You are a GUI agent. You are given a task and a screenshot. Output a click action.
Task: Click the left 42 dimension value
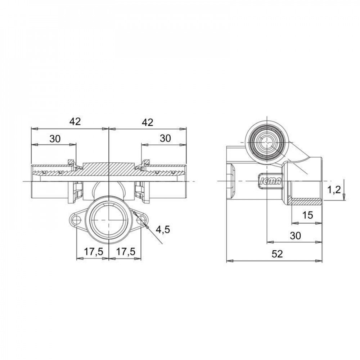(x=75, y=122)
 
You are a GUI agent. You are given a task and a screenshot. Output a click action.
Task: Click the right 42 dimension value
(x=147, y=122)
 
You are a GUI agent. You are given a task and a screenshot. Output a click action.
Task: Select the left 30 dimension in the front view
(x=55, y=139)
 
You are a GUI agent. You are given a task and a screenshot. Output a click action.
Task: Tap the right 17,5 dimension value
(x=125, y=252)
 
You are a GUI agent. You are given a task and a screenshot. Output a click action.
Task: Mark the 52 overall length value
(x=276, y=254)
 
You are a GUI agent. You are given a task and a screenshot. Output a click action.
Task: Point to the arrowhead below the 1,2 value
(x=345, y=197)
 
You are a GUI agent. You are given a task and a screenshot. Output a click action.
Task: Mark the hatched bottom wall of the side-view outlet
(x=306, y=201)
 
